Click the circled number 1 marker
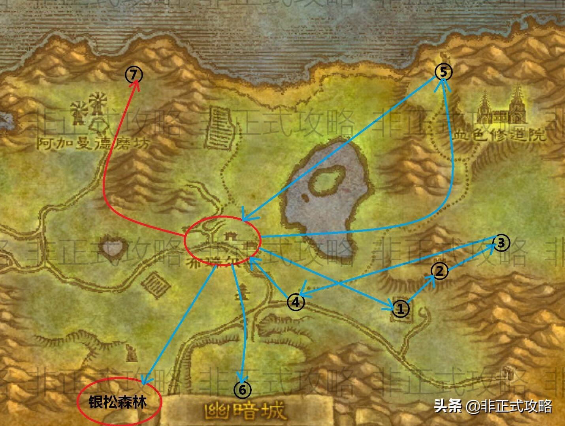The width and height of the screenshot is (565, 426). click(x=400, y=309)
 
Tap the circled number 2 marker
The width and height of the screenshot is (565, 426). click(x=439, y=271)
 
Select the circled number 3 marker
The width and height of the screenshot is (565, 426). click(x=501, y=242)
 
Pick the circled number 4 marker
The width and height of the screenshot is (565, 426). click(x=296, y=303)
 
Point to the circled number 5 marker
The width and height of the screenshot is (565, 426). click(x=443, y=72)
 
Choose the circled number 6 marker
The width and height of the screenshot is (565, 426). click(x=242, y=390)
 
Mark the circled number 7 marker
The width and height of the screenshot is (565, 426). click(x=134, y=74)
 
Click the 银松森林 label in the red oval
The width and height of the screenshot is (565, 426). click(x=118, y=403)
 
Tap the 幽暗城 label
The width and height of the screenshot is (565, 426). click(x=245, y=411)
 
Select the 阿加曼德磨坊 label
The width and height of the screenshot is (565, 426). click(x=93, y=143)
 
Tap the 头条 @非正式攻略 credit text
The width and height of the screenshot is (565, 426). click(x=493, y=406)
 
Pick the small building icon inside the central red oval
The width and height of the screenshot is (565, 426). click(x=229, y=237)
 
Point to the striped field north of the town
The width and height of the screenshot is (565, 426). click(x=220, y=129)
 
